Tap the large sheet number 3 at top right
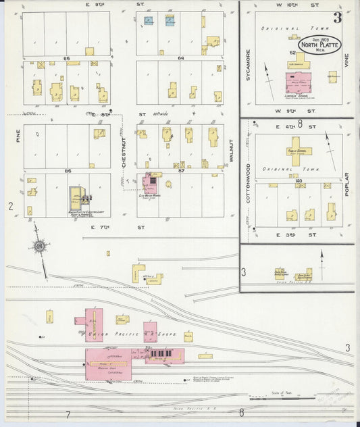tap(336, 18)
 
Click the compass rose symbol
tap(40, 247)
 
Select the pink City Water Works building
tap(149, 185)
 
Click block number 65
tap(67, 59)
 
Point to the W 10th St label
tap(296, 5)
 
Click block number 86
tap(67, 172)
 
